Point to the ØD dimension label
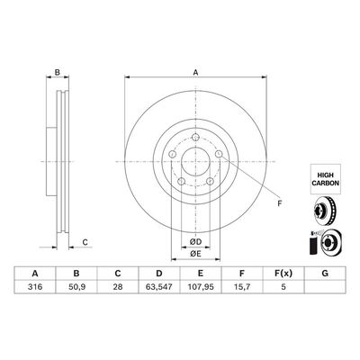[193, 242]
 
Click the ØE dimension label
[193, 256]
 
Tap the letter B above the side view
[57, 73]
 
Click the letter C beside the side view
[84, 242]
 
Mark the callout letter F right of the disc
[278, 203]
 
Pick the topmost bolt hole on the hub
[193, 136]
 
